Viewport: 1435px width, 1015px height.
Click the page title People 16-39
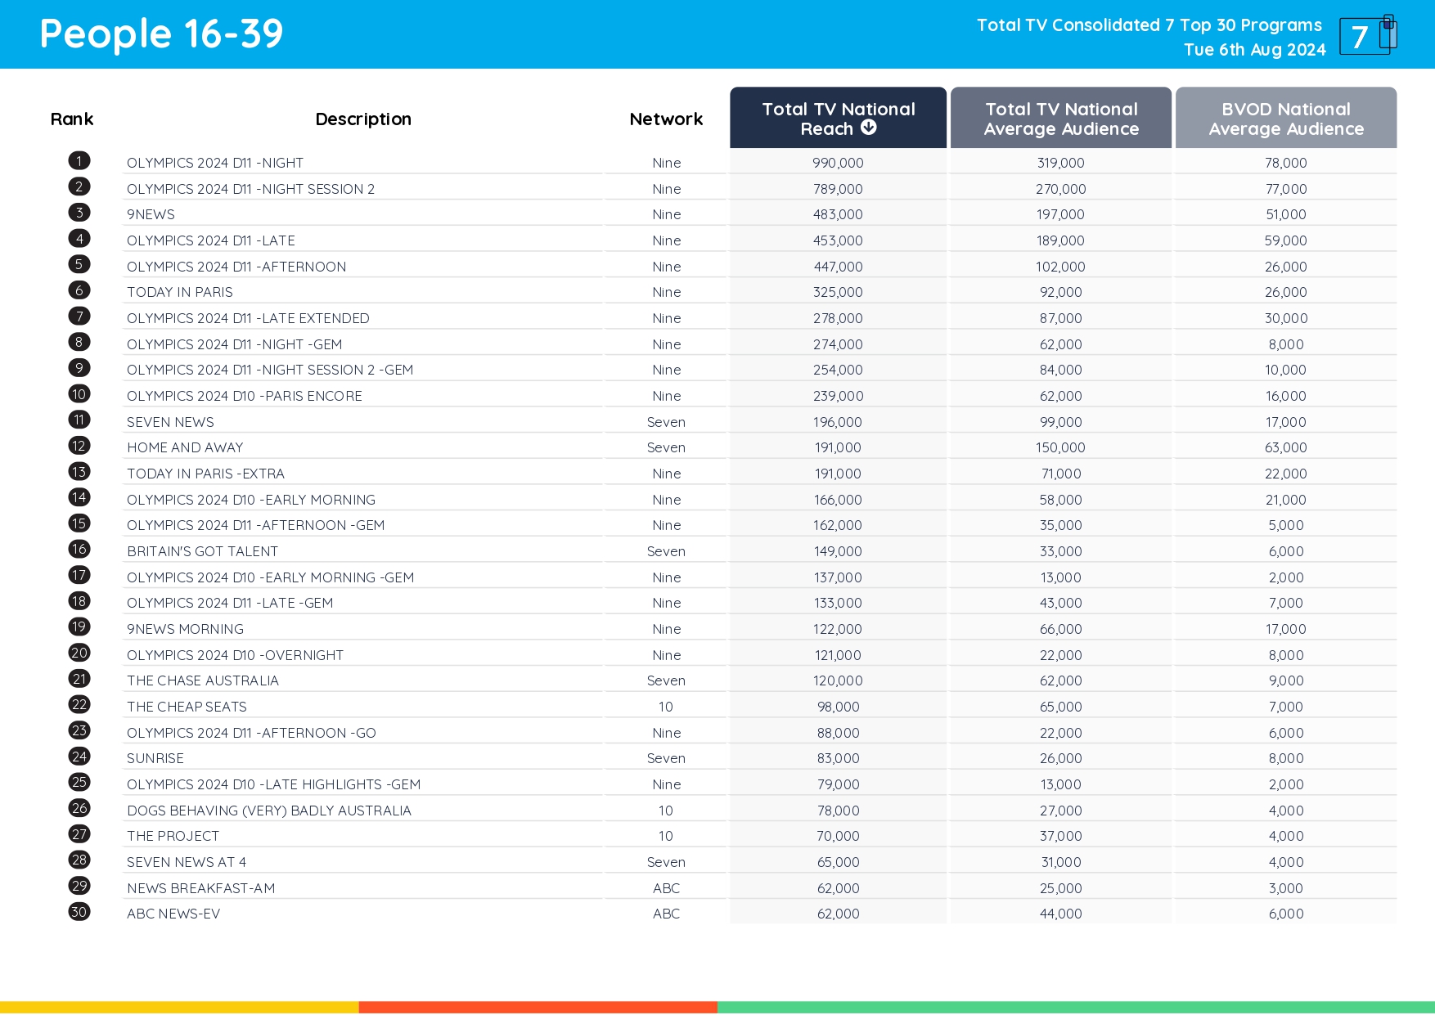pyautogui.click(x=161, y=34)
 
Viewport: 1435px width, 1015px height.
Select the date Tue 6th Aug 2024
pyautogui.click(x=1254, y=50)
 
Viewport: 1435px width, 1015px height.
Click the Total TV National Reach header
pyautogui.click(x=838, y=118)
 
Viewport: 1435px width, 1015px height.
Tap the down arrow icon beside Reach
pyautogui.click(x=869, y=128)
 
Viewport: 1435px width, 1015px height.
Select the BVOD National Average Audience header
pyautogui.click(x=1285, y=119)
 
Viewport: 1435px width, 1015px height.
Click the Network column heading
pyautogui.click(x=666, y=119)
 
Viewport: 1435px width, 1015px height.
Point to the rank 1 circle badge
pyautogui.click(x=79, y=161)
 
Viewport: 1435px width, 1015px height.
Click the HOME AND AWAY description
pyautogui.click(x=185, y=447)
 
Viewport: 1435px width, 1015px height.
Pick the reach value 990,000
pyautogui.click(x=838, y=163)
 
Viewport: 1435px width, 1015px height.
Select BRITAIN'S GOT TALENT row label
pyautogui.click(x=202, y=551)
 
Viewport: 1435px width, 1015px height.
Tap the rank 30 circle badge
pyautogui.click(x=79, y=912)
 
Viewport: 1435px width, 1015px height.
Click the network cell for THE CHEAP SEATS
pyautogui.click(x=666, y=707)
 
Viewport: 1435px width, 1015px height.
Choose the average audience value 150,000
pyautogui.click(x=1060, y=447)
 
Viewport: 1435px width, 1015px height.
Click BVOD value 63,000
pyautogui.click(x=1285, y=447)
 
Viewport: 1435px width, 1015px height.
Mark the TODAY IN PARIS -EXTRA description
pyautogui.click(x=205, y=474)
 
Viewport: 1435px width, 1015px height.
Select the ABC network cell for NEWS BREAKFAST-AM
pyautogui.click(x=666, y=888)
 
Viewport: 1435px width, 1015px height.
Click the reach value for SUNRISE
pyautogui.click(x=838, y=758)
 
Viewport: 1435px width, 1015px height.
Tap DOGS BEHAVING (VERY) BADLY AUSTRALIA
pyautogui.click(x=269, y=811)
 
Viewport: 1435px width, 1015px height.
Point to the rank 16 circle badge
pyautogui.click(x=79, y=550)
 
